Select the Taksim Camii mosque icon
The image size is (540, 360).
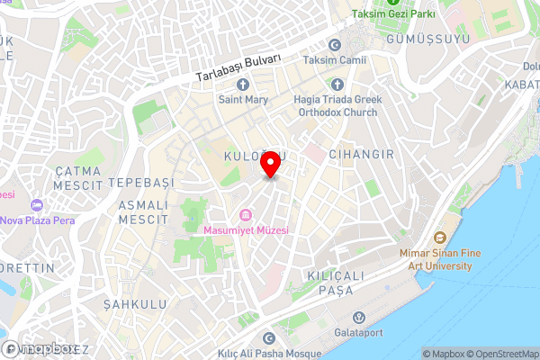[336, 45]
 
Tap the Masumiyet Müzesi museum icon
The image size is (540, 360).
[246, 214]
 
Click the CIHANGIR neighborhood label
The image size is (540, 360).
[361, 155]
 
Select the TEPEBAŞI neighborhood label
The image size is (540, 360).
[139, 182]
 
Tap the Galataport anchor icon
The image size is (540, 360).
[358, 317]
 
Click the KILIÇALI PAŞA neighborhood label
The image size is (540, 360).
[347, 283]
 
